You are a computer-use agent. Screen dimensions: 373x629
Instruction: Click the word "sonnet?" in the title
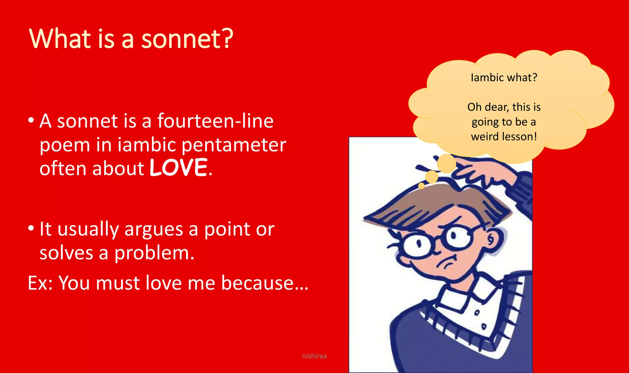[187, 39]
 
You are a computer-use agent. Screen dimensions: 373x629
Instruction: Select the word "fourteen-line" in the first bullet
[215, 121]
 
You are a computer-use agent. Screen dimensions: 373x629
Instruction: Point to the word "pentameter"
[234, 145]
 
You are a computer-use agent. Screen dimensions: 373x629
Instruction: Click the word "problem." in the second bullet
[154, 253]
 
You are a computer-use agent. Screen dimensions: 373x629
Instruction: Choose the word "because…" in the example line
[265, 283]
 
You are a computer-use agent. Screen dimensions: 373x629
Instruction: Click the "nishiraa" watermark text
[314, 356]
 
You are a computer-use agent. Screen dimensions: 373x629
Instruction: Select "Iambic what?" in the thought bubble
[504, 77]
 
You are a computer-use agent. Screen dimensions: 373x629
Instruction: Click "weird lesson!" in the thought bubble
[504, 136]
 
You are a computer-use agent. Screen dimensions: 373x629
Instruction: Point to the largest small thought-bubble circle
[446, 163]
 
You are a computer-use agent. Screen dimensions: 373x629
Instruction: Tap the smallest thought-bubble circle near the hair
[421, 186]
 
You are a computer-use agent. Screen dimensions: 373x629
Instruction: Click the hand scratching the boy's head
[479, 172]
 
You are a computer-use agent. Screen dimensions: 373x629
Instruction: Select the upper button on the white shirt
[477, 313]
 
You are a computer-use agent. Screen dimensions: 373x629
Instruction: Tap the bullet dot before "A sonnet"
[31, 120]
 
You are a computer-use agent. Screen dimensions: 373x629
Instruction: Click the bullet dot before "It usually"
[31, 228]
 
